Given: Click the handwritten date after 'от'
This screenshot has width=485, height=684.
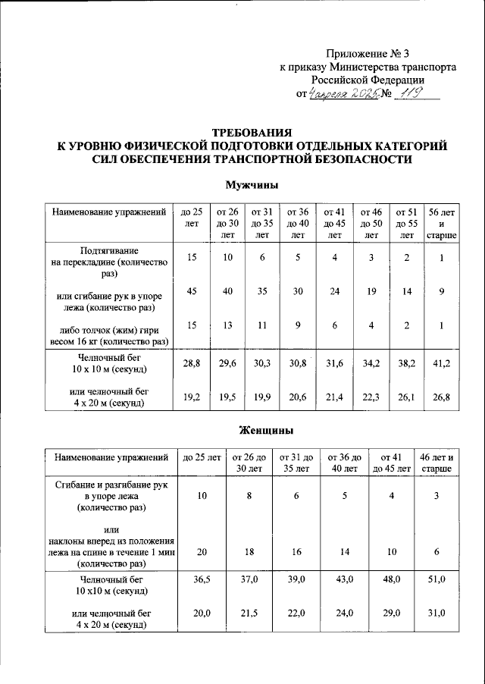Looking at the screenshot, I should click(343, 94).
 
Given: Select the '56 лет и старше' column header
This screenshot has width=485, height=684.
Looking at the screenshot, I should click(442, 224).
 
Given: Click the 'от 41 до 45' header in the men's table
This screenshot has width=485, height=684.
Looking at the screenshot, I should click(333, 224).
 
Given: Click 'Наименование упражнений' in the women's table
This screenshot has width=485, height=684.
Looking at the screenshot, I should click(110, 458).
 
